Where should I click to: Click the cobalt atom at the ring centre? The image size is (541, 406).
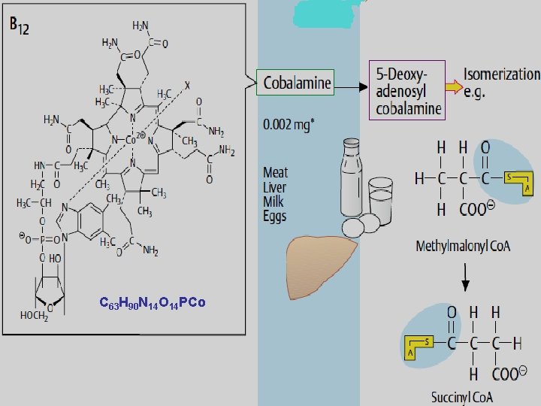click(x=129, y=140)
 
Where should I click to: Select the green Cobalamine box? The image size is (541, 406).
click(x=297, y=82)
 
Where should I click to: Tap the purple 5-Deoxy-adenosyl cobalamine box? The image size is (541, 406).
click(x=407, y=89)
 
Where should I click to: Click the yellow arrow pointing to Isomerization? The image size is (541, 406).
click(x=452, y=86)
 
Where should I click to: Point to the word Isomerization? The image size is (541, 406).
click(x=501, y=74)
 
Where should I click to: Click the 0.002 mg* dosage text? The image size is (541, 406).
click(x=288, y=122)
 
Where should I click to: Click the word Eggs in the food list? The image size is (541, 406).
click(x=274, y=217)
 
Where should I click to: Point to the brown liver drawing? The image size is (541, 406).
click(x=322, y=260)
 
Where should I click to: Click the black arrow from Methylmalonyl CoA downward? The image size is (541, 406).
click(x=466, y=278)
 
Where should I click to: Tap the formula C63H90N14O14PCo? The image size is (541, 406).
click(x=153, y=303)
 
